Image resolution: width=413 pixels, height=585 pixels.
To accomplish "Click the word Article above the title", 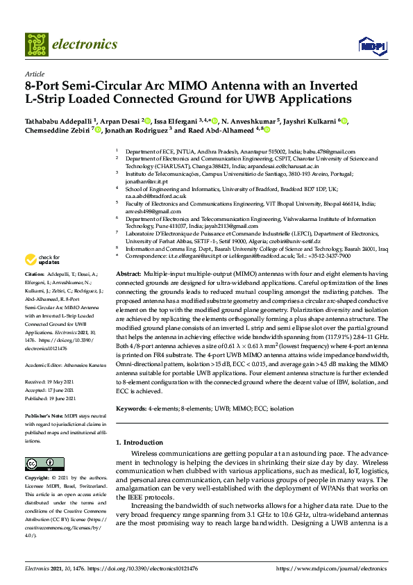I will (x=34, y=74).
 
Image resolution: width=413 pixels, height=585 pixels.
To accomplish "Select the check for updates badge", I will (x=37, y=260).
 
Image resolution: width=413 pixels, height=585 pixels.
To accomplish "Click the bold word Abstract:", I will (x=127, y=274).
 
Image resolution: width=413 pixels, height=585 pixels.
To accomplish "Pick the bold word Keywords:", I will (x=131, y=409).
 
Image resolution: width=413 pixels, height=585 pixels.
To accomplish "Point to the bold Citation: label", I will (x=35, y=275).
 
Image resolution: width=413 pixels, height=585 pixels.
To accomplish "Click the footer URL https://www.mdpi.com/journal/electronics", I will (x=331, y=568).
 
